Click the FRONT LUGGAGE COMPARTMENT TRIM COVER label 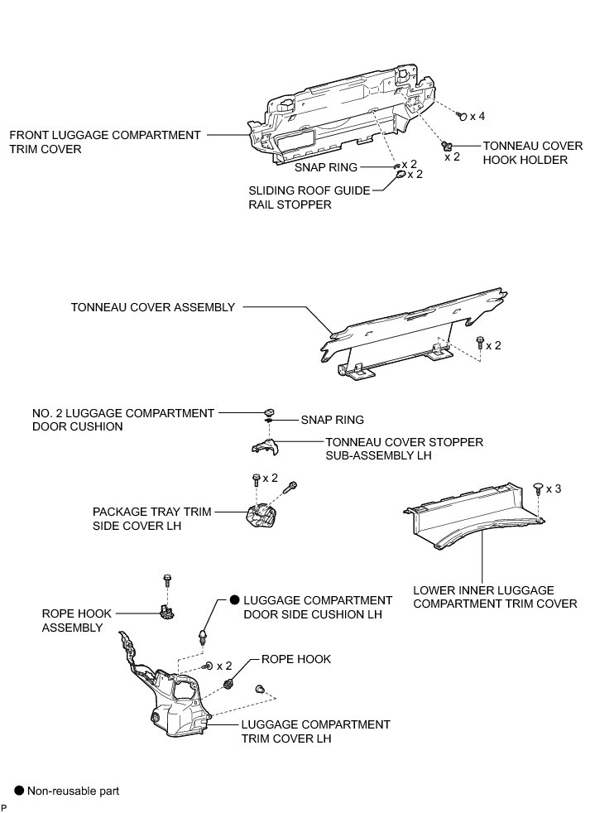104,142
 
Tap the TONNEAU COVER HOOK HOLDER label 525,152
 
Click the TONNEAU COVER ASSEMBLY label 153,307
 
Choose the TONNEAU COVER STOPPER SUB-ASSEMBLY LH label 404,449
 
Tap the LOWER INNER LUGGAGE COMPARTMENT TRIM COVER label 495,596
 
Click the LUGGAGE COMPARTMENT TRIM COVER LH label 315,730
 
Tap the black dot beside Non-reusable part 18,791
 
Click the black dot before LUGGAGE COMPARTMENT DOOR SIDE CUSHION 234,599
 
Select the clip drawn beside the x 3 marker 538,488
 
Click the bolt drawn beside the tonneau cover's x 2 479,342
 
